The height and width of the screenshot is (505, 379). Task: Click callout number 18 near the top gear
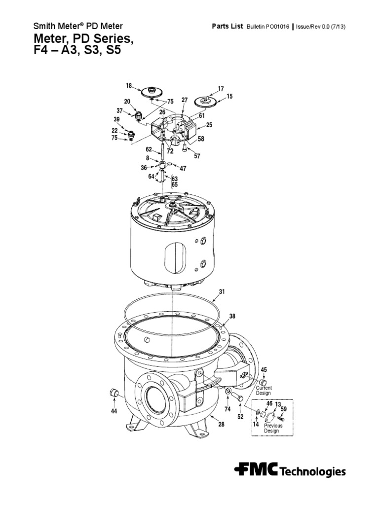(129, 86)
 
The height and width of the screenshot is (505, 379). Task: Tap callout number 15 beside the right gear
(229, 97)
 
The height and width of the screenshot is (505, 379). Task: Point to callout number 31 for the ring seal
(222, 291)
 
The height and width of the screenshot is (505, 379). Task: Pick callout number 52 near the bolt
(241, 417)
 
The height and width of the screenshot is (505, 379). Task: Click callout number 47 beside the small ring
(183, 168)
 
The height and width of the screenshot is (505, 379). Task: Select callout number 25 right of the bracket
(209, 125)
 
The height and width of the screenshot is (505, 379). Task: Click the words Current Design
(264, 391)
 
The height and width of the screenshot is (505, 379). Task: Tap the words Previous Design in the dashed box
(273, 428)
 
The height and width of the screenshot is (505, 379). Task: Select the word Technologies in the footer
(313, 472)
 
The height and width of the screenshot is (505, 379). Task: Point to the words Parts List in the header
(227, 27)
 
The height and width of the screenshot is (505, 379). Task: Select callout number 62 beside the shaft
(149, 148)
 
